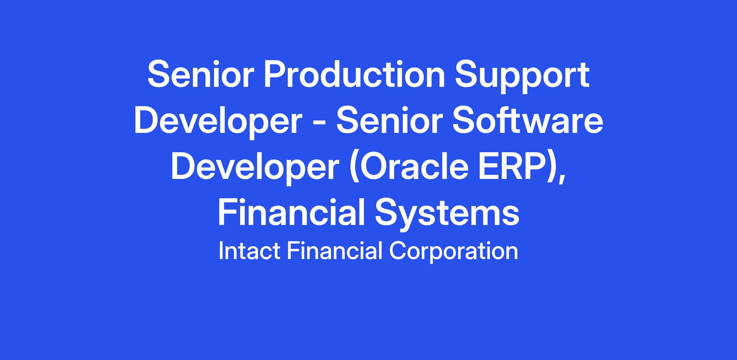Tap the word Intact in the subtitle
click(249, 251)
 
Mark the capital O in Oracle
click(373, 167)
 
